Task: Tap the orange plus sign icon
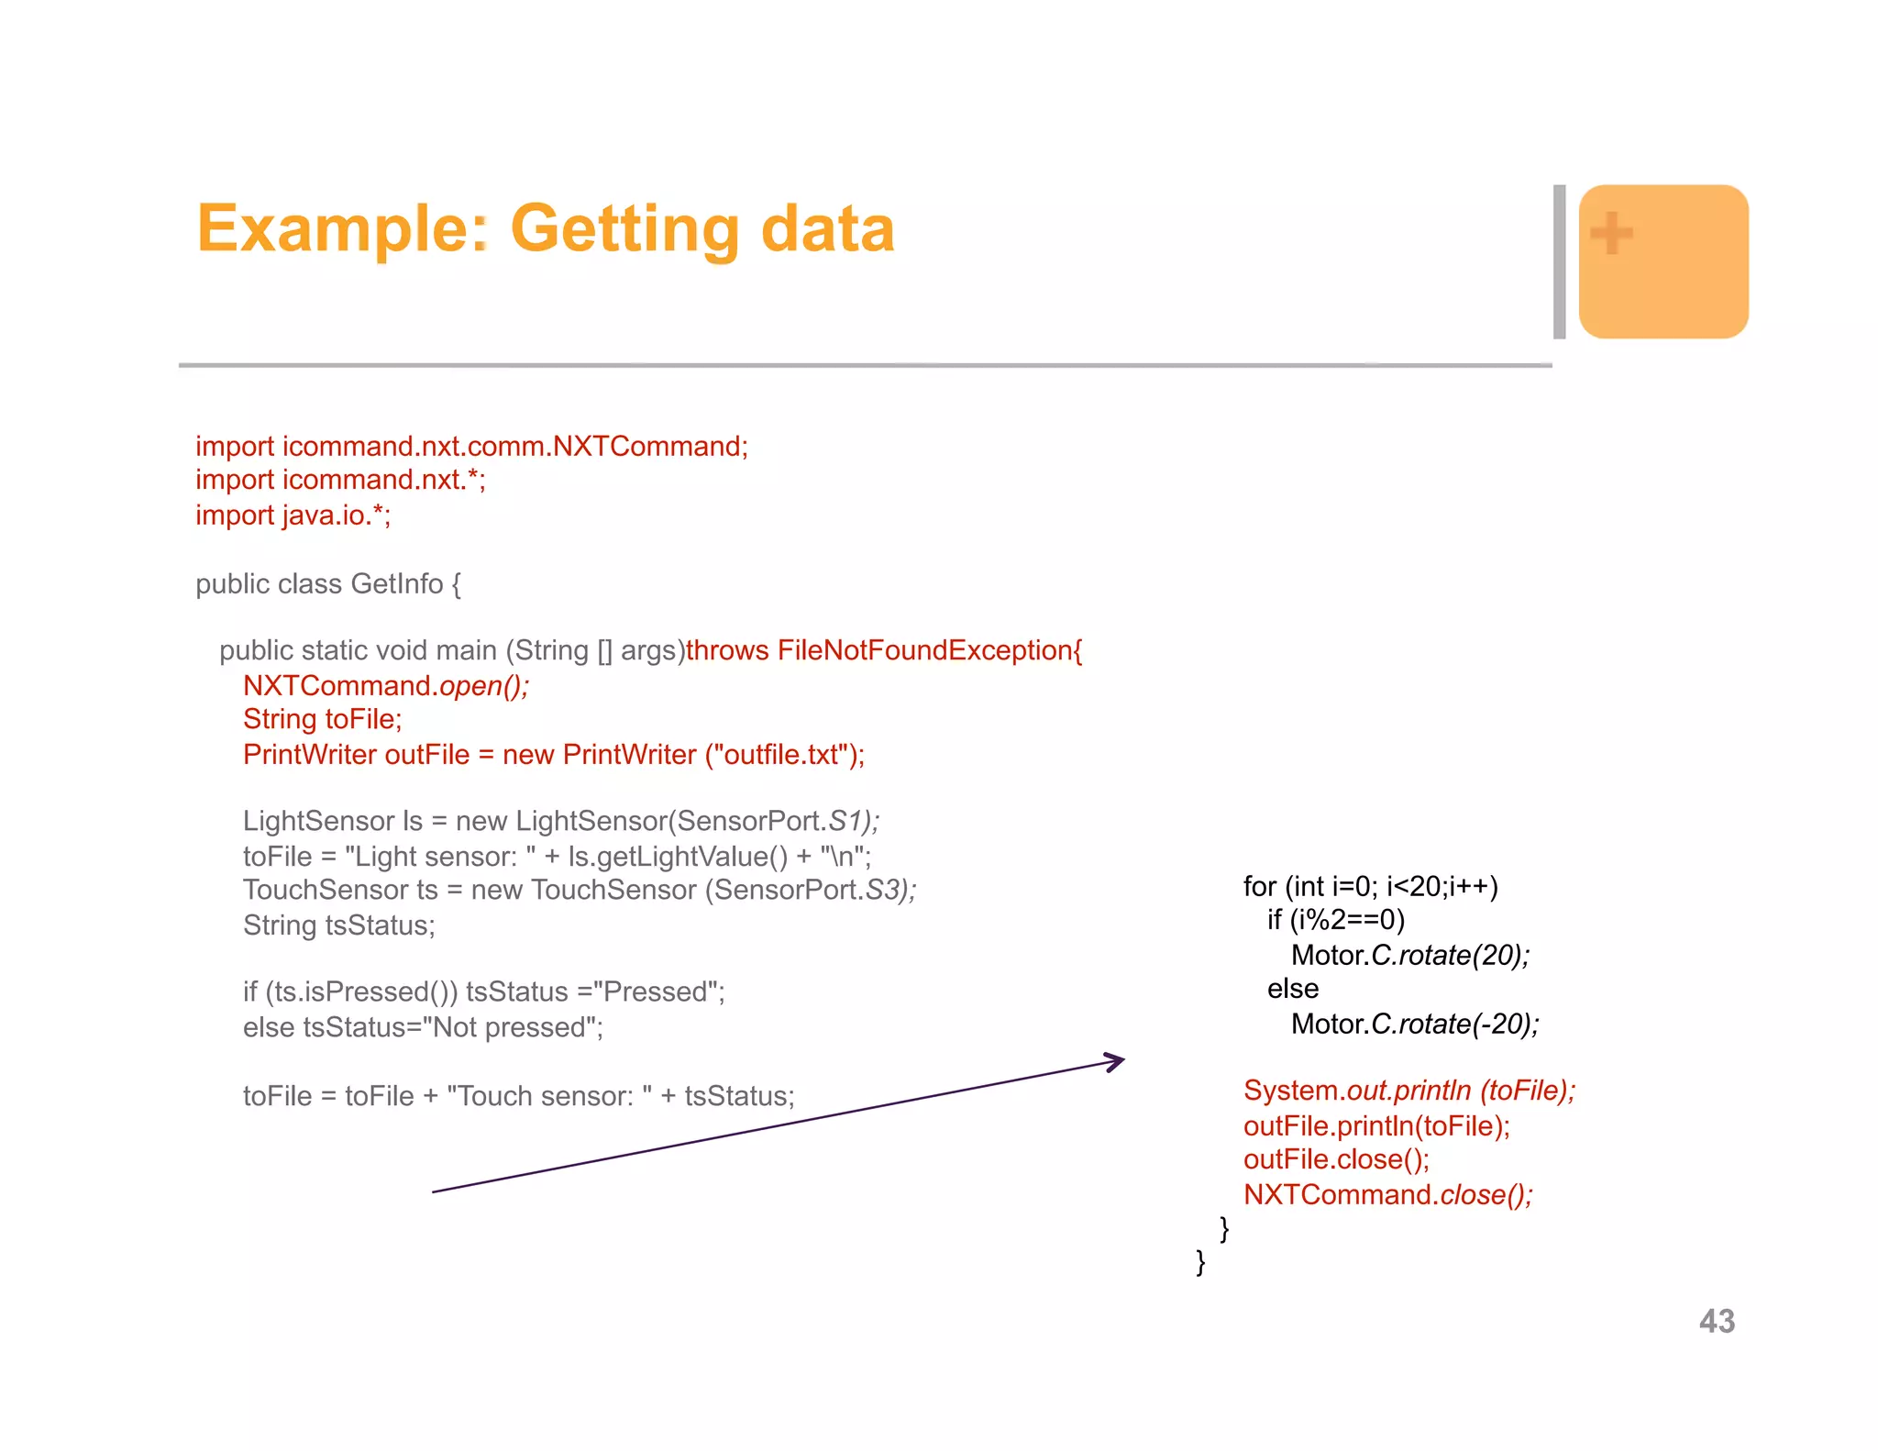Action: (x=1611, y=233)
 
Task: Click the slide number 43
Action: (x=1717, y=1321)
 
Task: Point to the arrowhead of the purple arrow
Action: (x=1117, y=1061)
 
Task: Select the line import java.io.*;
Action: (x=293, y=515)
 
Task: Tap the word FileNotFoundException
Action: (x=924, y=650)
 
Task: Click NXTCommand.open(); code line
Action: (x=385, y=685)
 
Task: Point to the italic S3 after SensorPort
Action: (x=885, y=890)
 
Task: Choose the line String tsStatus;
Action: (x=338, y=925)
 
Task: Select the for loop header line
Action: (x=1370, y=886)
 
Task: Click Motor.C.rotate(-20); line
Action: (x=1414, y=1024)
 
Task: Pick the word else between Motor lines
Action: (x=1292, y=989)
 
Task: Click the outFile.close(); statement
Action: (x=1335, y=1159)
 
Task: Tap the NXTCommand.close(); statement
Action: (x=1386, y=1194)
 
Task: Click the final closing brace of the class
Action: (x=1200, y=1262)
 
